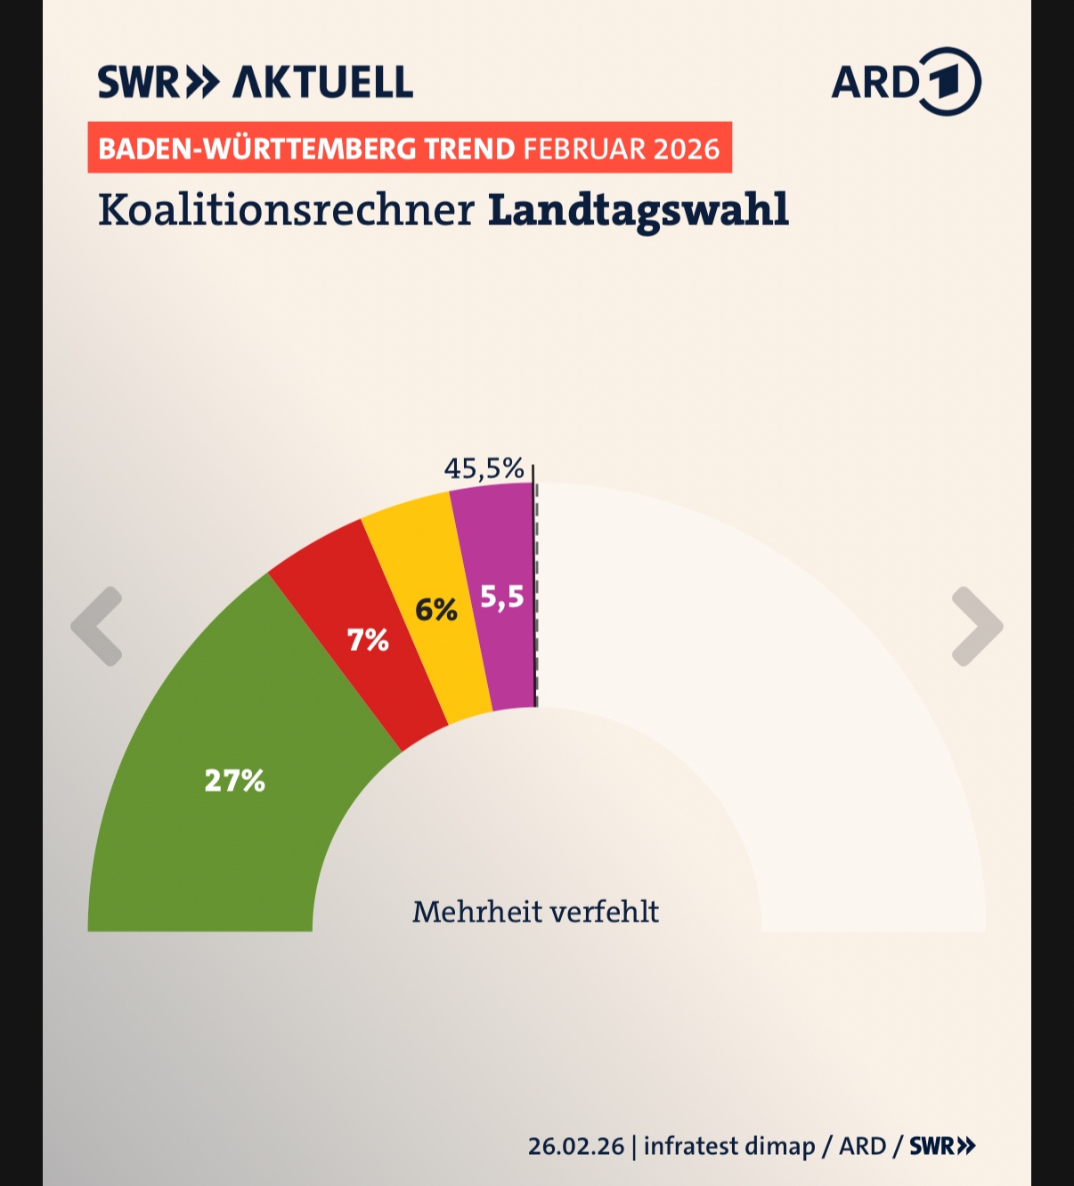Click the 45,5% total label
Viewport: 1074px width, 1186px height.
tap(484, 468)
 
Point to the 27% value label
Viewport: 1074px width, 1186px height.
tap(235, 781)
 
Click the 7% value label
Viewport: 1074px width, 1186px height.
tap(368, 639)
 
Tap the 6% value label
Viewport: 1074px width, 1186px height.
tap(436, 610)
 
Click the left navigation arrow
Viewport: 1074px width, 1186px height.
tap(97, 626)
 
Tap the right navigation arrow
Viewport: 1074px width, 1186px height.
tap(977, 626)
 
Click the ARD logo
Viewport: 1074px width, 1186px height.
tap(906, 82)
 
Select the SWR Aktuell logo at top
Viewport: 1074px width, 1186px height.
tap(256, 82)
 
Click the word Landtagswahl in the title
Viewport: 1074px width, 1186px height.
tap(639, 211)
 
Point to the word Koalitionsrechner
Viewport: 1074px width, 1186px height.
tap(286, 211)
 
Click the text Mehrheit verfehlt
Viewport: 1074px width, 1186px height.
tap(535, 912)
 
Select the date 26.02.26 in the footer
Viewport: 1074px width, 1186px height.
tap(576, 1146)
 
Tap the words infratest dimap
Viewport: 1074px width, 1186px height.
tap(729, 1146)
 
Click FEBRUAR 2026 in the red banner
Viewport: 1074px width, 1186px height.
tap(622, 148)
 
